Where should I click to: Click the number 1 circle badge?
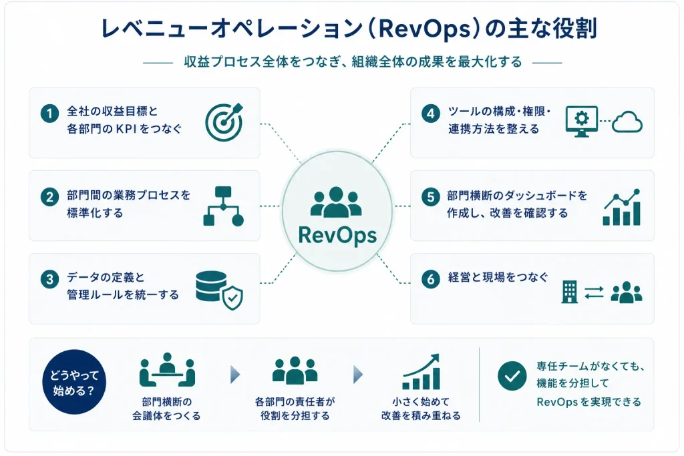49,113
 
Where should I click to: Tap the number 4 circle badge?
431,113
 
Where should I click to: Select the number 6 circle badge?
431,279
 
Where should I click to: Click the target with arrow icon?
224,122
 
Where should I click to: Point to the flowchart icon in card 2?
223,206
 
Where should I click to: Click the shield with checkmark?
232,298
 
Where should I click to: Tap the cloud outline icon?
627,122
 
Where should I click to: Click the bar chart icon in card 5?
622,208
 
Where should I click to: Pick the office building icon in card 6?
569,292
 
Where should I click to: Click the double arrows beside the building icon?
594,292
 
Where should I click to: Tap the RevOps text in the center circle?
337,236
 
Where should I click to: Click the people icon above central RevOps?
336,202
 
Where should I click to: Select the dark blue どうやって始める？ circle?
74,382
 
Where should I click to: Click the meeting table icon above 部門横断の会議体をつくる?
167,370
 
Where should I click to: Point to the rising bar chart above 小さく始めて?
421,371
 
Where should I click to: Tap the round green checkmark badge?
512,376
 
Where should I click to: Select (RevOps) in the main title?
421,29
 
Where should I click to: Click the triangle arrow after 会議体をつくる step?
235,375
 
